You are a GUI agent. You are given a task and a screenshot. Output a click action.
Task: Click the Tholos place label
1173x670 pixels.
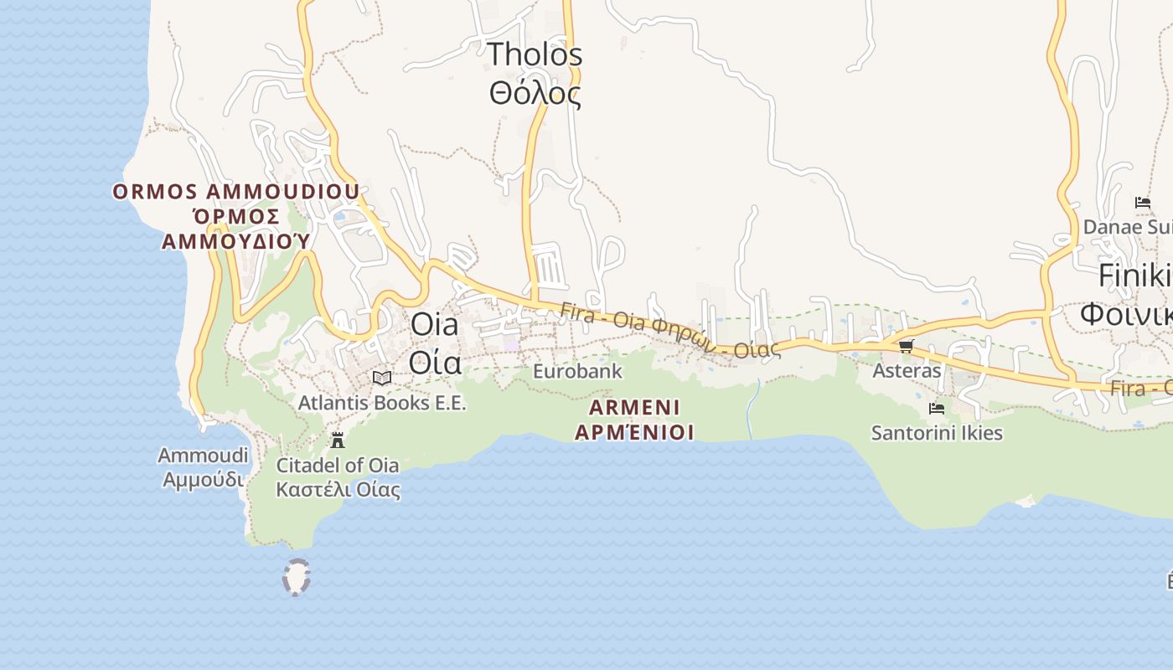click(x=535, y=54)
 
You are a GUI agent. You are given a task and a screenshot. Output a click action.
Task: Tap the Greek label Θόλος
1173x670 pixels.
click(x=535, y=93)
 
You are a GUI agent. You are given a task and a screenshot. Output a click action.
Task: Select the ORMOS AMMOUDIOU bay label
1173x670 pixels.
click(x=236, y=192)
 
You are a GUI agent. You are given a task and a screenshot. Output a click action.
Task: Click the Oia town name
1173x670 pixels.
click(x=434, y=325)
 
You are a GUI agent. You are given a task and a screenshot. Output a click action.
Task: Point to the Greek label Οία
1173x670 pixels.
click(x=434, y=363)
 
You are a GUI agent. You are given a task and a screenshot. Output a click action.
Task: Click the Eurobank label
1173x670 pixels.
click(x=578, y=370)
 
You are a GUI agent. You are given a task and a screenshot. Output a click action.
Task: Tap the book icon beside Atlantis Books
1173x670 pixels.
click(x=382, y=379)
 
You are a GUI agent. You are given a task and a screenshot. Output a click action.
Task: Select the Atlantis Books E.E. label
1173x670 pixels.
click(x=382, y=403)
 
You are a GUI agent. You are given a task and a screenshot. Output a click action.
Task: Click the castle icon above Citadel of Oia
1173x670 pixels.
click(x=338, y=440)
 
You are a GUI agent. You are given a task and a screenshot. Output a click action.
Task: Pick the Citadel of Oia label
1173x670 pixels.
click(x=338, y=465)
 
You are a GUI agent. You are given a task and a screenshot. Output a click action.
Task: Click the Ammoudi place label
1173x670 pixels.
click(x=203, y=456)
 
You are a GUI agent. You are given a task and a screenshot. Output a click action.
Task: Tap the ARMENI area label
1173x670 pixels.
click(x=634, y=408)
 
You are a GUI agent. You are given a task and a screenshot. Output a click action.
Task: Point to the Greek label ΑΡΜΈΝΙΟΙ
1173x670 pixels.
click(x=634, y=433)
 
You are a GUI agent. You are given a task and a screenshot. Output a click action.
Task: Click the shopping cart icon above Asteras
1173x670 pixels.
click(x=906, y=346)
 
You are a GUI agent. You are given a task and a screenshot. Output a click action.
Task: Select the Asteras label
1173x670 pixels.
click(x=907, y=370)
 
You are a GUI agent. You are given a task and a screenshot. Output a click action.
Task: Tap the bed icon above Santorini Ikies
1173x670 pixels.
click(x=937, y=409)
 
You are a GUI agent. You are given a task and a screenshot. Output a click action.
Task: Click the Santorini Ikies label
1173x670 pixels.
click(x=937, y=433)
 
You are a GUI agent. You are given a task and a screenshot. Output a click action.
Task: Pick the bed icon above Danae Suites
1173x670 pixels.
click(x=1142, y=202)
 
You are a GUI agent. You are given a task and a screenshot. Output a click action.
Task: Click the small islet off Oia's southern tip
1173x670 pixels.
click(x=297, y=577)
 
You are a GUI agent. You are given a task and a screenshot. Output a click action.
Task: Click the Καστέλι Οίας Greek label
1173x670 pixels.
click(x=338, y=490)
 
